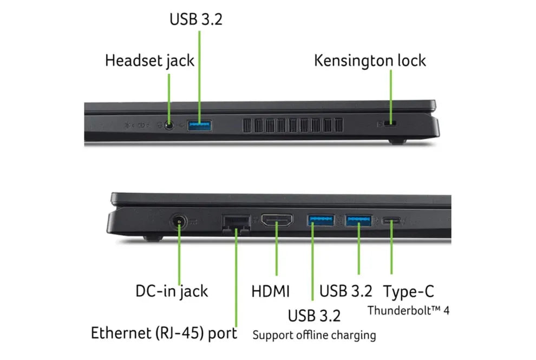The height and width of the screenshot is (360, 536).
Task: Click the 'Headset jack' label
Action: coord(149,60)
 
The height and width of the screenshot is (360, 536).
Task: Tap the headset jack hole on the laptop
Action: coord(170,126)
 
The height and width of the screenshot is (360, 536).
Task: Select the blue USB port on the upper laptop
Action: coord(199,126)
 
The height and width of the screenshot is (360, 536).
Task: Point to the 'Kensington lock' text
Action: coord(370,60)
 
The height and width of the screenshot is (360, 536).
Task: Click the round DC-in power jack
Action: coord(179,222)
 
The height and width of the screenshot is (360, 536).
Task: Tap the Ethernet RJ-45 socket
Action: coord(236,222)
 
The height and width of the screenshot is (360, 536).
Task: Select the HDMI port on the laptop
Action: coord(277,220)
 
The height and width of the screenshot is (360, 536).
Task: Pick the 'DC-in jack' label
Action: coord(172,291)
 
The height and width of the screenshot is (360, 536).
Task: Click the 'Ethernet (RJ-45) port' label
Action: coord(164,332)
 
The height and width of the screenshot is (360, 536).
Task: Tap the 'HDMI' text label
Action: coord(271,291)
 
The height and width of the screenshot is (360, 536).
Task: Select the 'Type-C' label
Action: coord(409,291)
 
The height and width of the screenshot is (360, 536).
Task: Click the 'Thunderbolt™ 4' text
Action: coord(409,311)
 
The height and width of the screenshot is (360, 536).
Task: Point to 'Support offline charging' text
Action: coord(314,335)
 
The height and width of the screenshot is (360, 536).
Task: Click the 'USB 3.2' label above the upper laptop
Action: coord(195,19)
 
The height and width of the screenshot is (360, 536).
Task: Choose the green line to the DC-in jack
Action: coord(179,254)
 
